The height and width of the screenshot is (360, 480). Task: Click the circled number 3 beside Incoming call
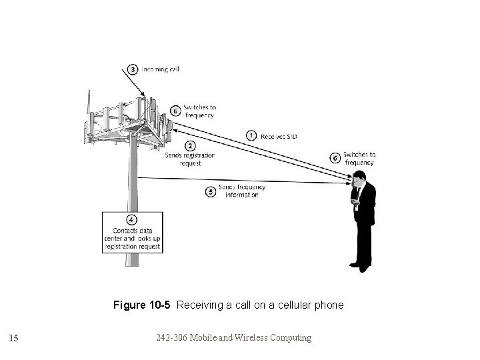coord(133,69)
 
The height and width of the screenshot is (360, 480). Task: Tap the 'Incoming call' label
coord(160,69)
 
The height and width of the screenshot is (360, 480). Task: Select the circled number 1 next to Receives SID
coord(251,135)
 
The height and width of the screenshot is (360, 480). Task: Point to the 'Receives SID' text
coord(279,136)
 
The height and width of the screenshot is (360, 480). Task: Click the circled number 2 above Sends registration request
coord(190,145)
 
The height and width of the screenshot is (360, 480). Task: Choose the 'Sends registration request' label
coord(190,159)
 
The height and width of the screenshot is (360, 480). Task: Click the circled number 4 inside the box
coord(131,219)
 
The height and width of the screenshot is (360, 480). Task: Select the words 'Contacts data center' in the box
coord(131,231)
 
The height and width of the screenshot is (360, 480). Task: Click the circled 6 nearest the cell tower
coord(175,111)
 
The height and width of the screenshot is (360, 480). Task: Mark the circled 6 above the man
coord(335,158)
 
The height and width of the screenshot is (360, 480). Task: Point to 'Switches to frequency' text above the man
coord(359,159)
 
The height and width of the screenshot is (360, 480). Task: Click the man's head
coord(359,177)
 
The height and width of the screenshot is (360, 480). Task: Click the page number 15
coord(14,338)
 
